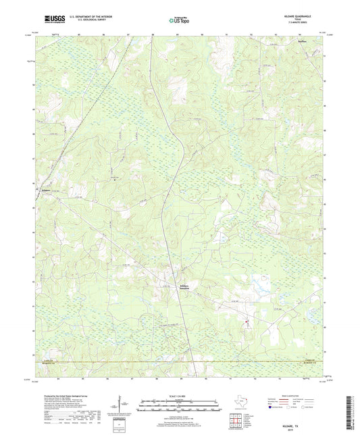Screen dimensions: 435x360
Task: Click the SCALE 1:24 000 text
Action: [x=180, y=396]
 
